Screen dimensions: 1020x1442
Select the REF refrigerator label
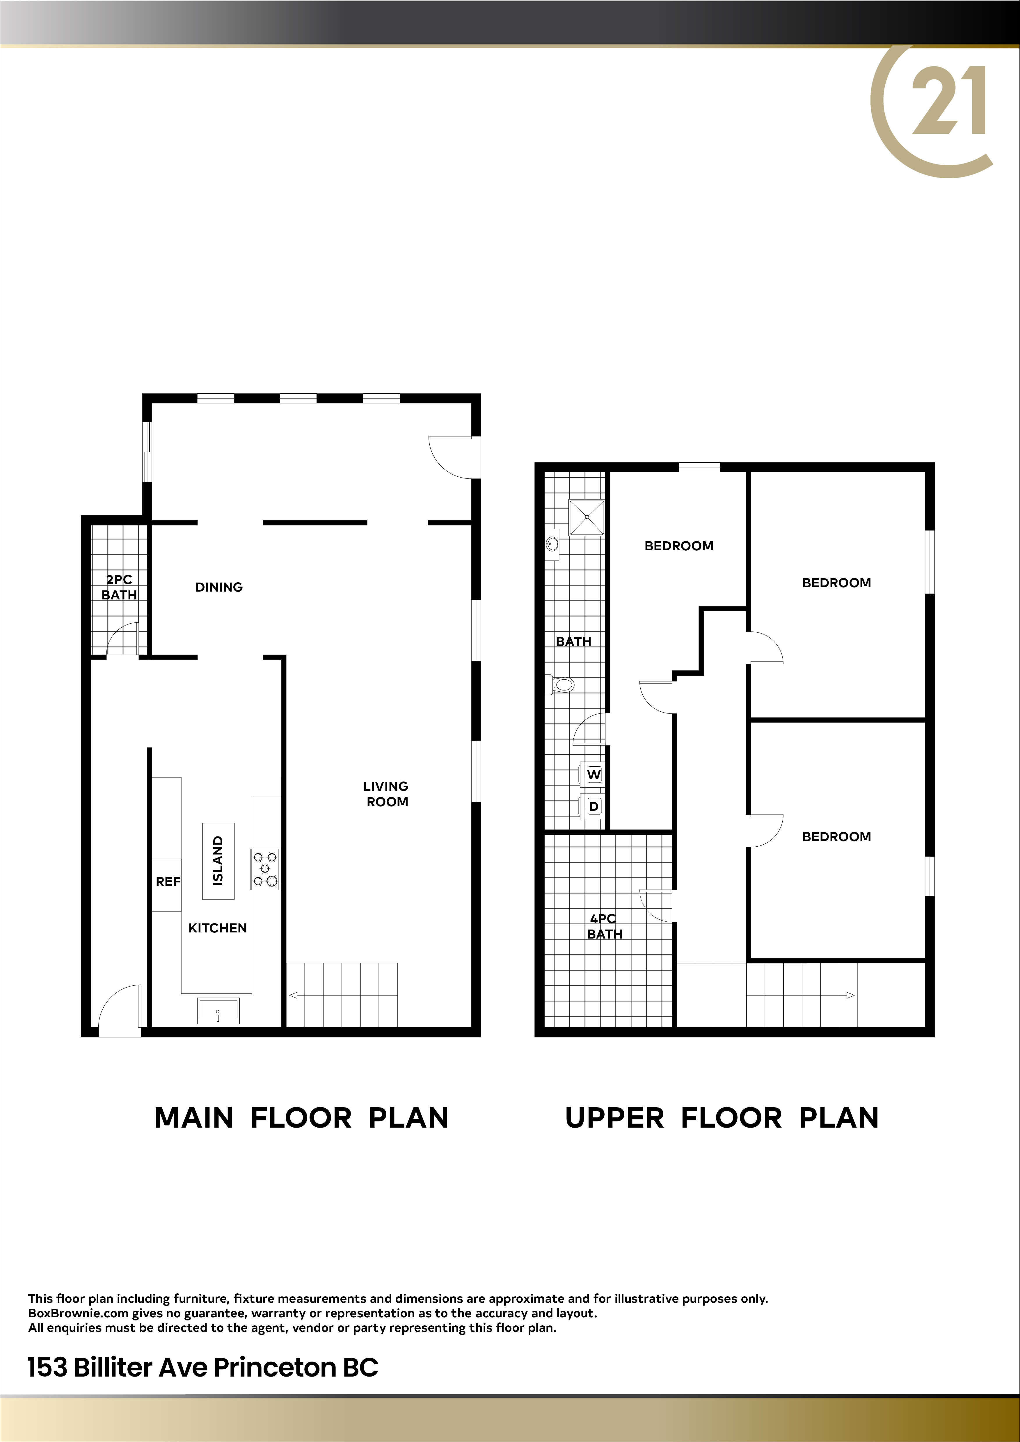click(168, 882)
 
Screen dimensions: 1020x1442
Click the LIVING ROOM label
click(386, 794)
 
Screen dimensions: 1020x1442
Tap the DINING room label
click(218, 587)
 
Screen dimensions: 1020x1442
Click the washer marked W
click(593, 775)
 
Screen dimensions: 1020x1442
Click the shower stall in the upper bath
click(587, 517)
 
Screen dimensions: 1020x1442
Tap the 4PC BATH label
click(604, 926)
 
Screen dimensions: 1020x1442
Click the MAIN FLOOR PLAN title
click(301, 1118)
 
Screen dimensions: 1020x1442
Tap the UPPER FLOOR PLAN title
click(722, 1118)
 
